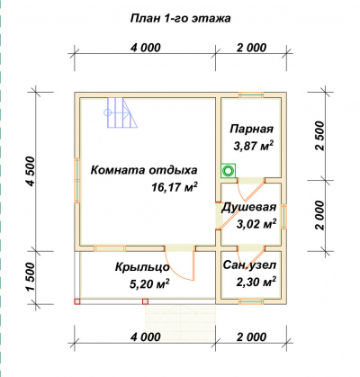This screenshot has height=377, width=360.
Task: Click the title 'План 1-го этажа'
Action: pos(181,18)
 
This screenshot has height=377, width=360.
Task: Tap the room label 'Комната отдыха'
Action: pos(144,170)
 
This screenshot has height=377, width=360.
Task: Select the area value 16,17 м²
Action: pos(175,187)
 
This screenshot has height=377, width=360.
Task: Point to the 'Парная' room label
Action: pos(252,129)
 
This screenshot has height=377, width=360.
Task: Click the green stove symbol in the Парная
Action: pos(228,171)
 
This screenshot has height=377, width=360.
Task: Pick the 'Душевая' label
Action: pos(248,208)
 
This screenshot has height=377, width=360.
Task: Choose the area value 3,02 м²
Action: pos(256,223)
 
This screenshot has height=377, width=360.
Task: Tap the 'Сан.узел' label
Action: pos(249,265)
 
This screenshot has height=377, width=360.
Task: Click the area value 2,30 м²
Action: pos(256,282)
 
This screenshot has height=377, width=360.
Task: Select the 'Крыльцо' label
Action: pos(142,267)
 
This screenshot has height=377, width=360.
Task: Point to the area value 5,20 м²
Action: pos(149,283)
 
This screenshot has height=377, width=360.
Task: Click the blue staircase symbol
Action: pos(121,112)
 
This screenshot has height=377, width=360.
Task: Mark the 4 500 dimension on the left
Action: pos(31,172)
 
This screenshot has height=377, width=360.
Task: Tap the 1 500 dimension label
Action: pos(31,277)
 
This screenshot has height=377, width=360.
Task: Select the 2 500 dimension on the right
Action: pos(319,136)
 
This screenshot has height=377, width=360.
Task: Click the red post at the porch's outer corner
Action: pos(77,301)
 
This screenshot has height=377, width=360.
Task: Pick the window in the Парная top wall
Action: pos(251,94)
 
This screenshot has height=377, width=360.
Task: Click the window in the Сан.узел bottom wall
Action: pos(251,301)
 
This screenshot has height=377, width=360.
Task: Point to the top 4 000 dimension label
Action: pos(146,48)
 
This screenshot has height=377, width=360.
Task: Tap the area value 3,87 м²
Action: pos(254,146)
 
